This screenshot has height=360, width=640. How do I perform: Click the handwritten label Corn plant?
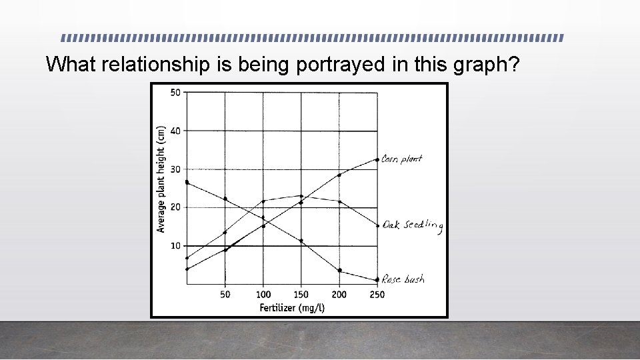(x=402, y=159)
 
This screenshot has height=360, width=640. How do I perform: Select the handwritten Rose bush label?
(x=404, y=279)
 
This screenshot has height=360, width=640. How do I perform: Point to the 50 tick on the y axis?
(x=175, y=92)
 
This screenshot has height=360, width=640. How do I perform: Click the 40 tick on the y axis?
(x=175, y=131)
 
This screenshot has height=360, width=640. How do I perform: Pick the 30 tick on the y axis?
(x=175, y=169)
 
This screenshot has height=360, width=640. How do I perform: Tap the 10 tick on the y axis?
(x=175, y=246)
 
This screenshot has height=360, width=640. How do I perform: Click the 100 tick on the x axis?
(x=263, y=295)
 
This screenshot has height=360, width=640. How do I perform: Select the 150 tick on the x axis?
(x=301, y=295)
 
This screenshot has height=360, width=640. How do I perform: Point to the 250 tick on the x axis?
(x=377, y=295)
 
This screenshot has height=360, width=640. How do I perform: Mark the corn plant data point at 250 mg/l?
(x=377, y=159)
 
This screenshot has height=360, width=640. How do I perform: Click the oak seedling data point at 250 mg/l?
(x=377, y=225)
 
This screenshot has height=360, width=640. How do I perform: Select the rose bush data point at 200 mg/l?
(x=339, y=270)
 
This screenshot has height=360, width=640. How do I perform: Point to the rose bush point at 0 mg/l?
(x=187, y=182)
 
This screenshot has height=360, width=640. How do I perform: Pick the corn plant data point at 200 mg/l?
(x=339, y=175)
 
